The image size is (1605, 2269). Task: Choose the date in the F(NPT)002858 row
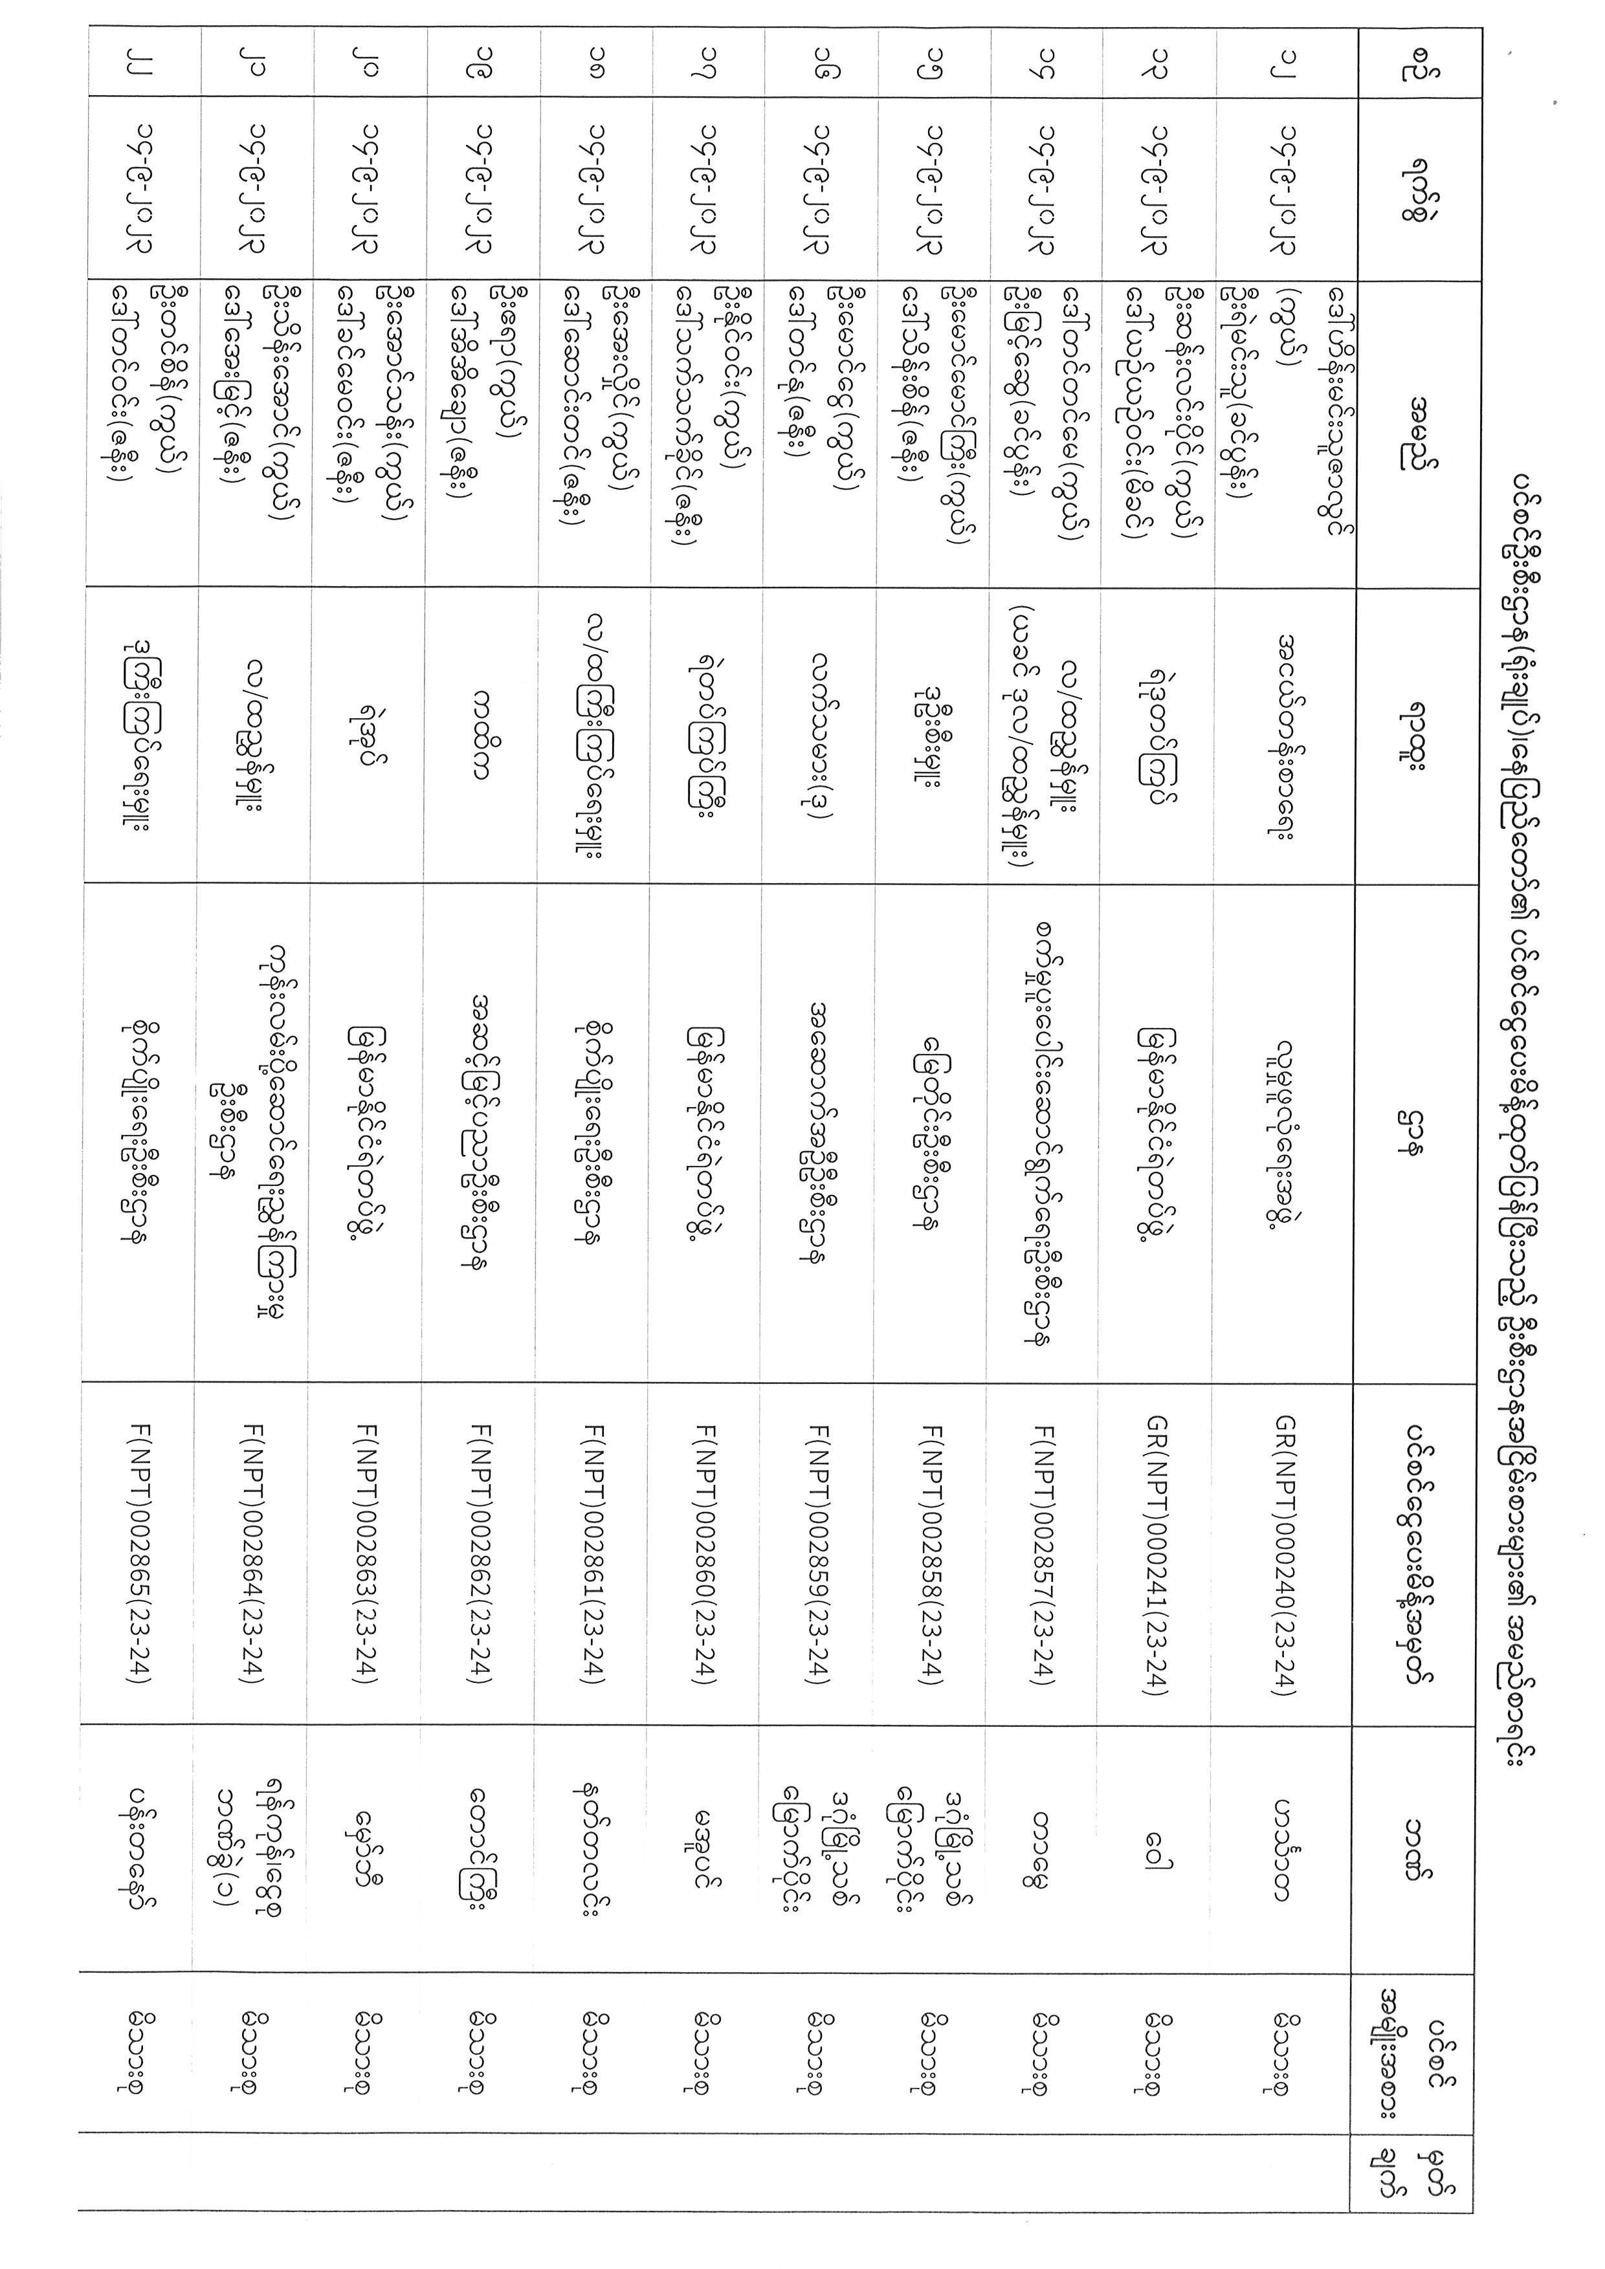[936, 188]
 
